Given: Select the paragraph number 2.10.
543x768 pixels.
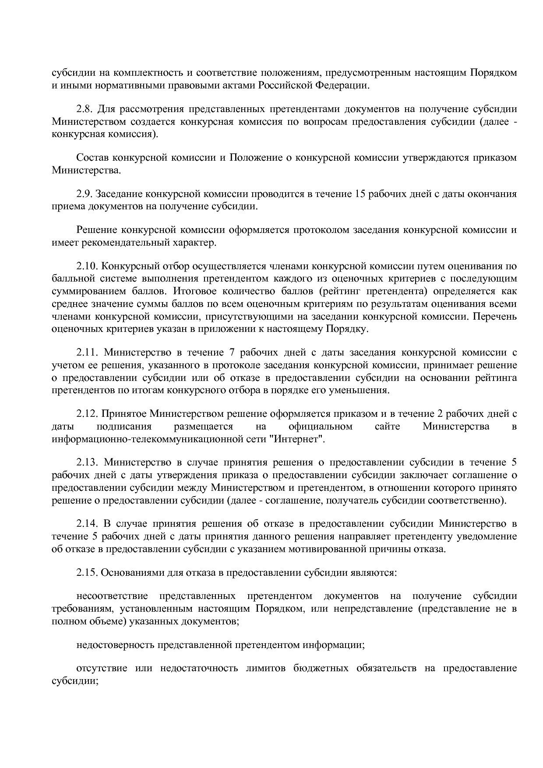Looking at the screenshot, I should tap(87, 266).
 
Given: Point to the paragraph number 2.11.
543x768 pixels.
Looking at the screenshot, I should tap(87, 352).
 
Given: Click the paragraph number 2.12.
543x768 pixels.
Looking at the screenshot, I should tap(87, 414).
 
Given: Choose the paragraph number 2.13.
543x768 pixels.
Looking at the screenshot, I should tap(87, 463).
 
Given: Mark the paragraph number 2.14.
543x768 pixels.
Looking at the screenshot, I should tap(87, 524).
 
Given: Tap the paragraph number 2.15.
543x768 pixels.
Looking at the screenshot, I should tap(87, 573).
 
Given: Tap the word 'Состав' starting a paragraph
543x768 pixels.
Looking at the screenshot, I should tap(92, 158).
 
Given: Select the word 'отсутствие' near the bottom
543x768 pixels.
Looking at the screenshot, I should tap(102, 669).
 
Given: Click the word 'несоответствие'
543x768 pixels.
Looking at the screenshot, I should tap(112, 596).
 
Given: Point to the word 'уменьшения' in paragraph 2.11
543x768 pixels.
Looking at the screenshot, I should tap(364, 390).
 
